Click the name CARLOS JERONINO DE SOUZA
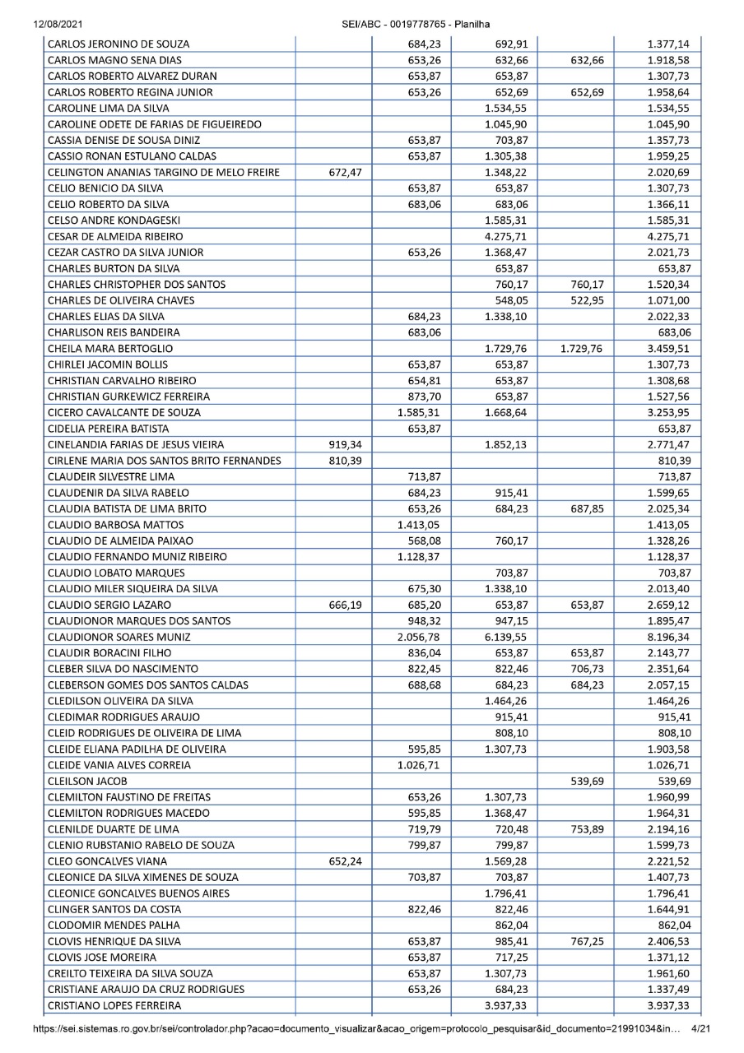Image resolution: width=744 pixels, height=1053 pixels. coord(119,44)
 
